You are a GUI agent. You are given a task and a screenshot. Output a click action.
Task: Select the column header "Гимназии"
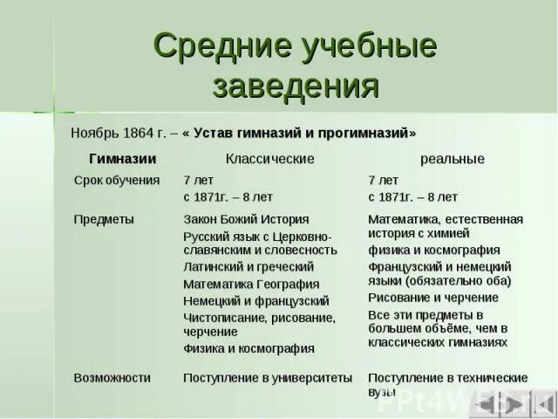(122, 159)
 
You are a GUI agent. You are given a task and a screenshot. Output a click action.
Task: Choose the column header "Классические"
(269, 159)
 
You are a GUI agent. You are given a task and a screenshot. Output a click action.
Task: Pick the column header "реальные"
(452, 159)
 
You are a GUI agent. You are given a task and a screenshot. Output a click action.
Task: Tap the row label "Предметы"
(103, 219)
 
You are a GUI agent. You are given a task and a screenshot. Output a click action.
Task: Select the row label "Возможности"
(112, 378)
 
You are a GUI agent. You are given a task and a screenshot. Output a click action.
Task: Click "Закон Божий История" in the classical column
(246, 219)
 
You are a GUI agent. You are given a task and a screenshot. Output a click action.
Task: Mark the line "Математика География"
(251, 285)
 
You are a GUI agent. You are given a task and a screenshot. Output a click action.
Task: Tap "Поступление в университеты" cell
(268, 378)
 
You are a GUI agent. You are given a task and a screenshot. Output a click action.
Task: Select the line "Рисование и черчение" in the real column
(433, 298)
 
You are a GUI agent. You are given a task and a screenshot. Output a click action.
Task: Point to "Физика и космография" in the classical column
(248, 348)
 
